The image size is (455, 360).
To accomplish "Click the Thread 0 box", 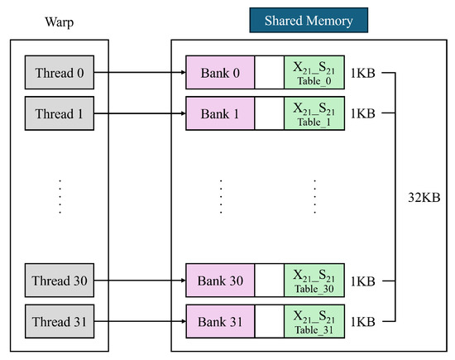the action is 60,72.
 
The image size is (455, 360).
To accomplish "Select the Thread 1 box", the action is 60,113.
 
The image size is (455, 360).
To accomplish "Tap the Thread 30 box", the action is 60,281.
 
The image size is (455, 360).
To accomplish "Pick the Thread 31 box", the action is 60,321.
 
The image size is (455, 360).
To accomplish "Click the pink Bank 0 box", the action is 220,72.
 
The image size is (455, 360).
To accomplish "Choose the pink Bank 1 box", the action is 220,113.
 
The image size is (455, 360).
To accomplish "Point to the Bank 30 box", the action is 220,281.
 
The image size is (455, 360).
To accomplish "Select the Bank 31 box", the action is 220,321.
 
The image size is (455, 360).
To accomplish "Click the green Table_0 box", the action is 314,72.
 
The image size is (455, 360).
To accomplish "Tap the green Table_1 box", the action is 314,113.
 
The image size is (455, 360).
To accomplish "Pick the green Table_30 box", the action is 314,281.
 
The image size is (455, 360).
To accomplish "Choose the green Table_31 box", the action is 314,321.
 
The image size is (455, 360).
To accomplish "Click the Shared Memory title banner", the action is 309,21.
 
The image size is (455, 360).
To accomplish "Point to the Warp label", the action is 60,22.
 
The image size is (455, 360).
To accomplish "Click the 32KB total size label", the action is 424,198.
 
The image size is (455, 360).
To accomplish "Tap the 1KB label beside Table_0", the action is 362,73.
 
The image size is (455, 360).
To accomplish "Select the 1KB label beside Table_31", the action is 362,322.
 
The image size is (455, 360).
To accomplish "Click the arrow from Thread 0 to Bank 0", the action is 140,72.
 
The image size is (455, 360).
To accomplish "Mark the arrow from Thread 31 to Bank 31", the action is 140,321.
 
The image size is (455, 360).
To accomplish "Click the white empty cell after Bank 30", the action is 270,281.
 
